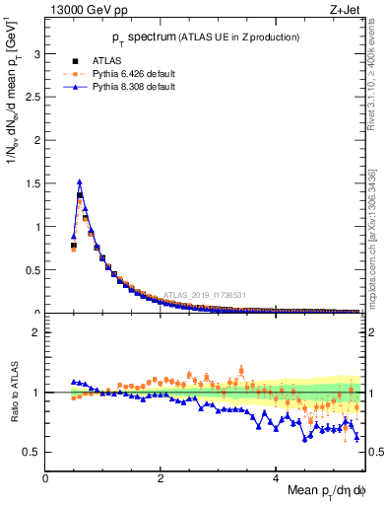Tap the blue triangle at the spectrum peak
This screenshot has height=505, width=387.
click(x=79, y=181)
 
